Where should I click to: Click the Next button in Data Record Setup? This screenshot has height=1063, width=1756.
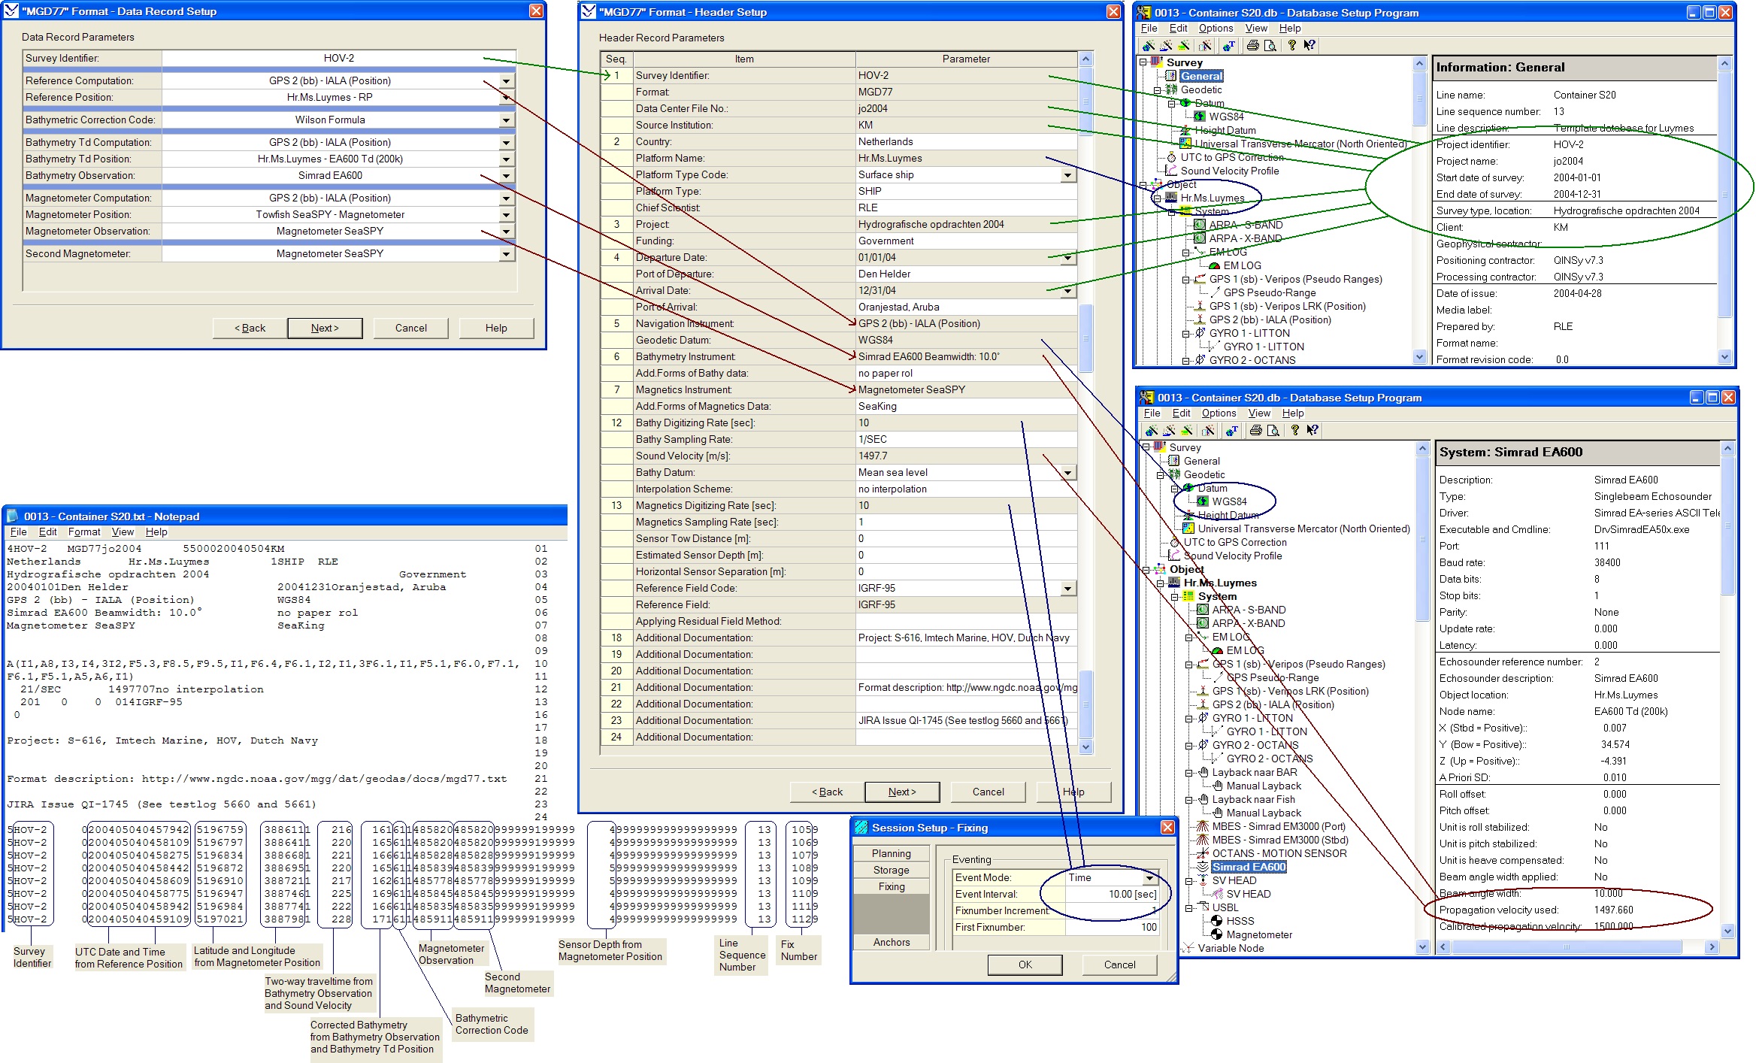pos(325,329)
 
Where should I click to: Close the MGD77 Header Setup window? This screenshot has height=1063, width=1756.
pos(1113,12)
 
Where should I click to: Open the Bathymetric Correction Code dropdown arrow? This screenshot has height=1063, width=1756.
pos(506,120)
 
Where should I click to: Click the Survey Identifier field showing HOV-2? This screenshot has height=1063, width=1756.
pos(338,59)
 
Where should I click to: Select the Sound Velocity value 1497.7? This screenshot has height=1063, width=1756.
pos(873,456)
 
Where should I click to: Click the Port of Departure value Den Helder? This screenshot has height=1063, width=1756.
pos(884,274)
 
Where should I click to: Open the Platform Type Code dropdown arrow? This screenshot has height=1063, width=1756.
pos(1067,175)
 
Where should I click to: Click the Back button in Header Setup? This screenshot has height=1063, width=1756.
pos(827,792)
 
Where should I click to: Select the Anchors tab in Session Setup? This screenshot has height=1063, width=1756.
pos(892,942)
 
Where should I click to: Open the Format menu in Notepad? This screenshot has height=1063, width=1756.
pos(83,532)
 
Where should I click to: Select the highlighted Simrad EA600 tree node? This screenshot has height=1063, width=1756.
pos(1249,867)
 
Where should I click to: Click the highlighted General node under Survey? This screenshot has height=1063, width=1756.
pos(1201,76)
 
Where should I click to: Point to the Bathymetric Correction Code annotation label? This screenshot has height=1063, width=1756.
pos(492,1025)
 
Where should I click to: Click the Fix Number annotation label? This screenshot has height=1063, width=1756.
pos(798,950)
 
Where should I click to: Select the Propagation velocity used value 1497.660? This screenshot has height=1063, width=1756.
pos(1613,910)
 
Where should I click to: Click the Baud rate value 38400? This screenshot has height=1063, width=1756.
pos(1607,563)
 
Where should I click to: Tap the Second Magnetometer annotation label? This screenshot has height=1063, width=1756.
pos(517,983)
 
